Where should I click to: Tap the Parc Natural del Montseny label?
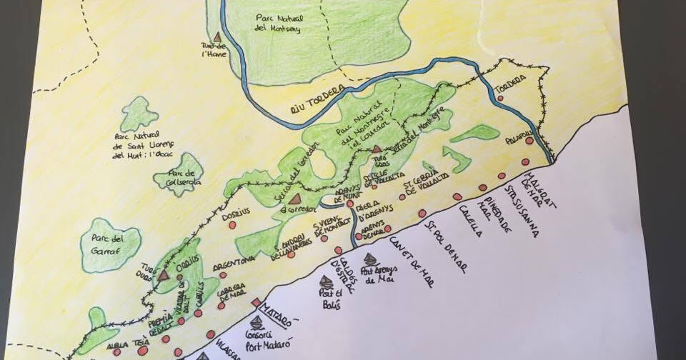pos(277,23)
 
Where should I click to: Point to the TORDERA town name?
pos(509,79)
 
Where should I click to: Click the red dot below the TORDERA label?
pos(500,98)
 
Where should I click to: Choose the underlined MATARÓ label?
pos(277,312)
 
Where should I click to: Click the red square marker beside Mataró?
pos(255,303)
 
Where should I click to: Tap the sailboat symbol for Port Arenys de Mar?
pos(370,259)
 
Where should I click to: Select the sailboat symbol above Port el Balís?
pos(325,281)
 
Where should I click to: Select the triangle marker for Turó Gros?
pos(377,149)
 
